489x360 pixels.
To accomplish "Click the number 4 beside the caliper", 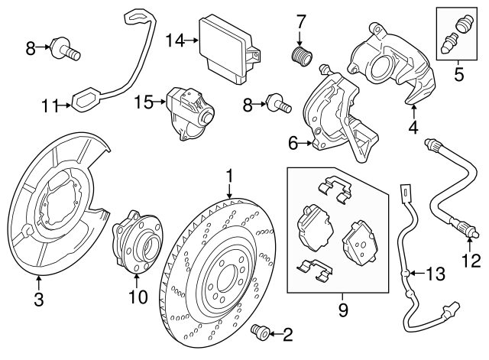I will [x=413, y=128].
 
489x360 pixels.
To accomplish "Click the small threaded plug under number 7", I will [x=300, y=56].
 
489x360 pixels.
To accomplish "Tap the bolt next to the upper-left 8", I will [x=66, y=51].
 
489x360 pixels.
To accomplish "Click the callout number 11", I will [x=50, y=107].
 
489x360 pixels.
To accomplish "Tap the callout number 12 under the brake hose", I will [x=471, y=261].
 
